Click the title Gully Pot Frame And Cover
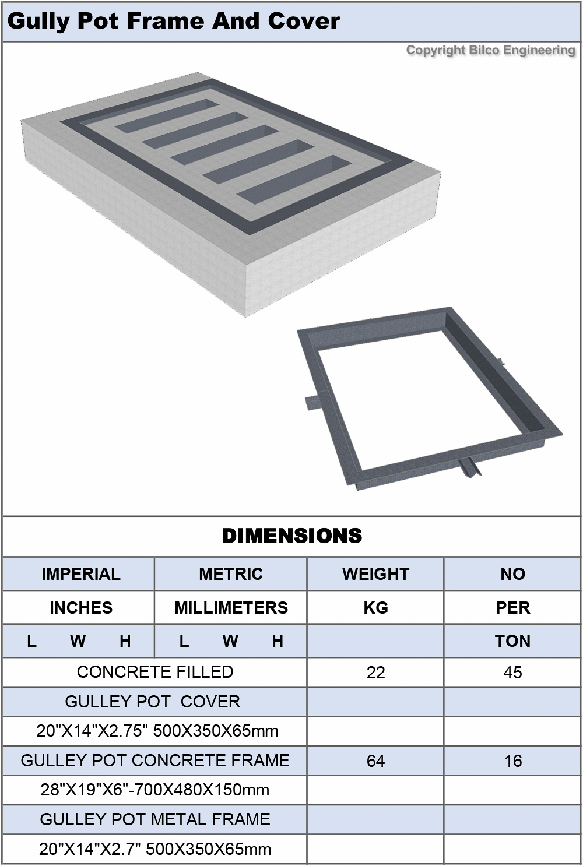pyautogui.click(x=174, y=21)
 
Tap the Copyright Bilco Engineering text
pyautogui.click(x=490, y=50)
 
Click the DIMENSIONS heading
pyautogui.click(x=292, y=536)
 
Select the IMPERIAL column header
pyautogui.click(x=80, y=574)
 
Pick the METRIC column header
pyautogui.click(x=231, y=574)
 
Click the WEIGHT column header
pyautogui.click(x=375, y=574)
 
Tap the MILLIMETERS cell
pyautogui.click(x=231, y=608)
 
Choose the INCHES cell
pyautogui.click(x=80, y=608)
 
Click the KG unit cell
pyautogui.click(x=375, y=608)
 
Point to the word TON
pyautogui.click(x=512, y=641)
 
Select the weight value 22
pyautogui.click(x=375, y=673)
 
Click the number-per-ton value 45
pyautogui.click(x=512, y=673)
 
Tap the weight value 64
pyautogui.click(x=375, y=761)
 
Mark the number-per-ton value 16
pyautogui.click(x=512, y=761)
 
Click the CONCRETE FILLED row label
pyautogui.click(x=155, y=672)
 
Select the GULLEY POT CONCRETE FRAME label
pyautogui.click(x=155, y=761)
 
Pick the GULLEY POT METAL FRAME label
pyautogui.click(x=155, y=819)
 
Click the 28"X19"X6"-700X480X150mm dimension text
pyautogui.click(x=155, y=790)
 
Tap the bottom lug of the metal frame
pyautogui.click(x=469, y=468)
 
